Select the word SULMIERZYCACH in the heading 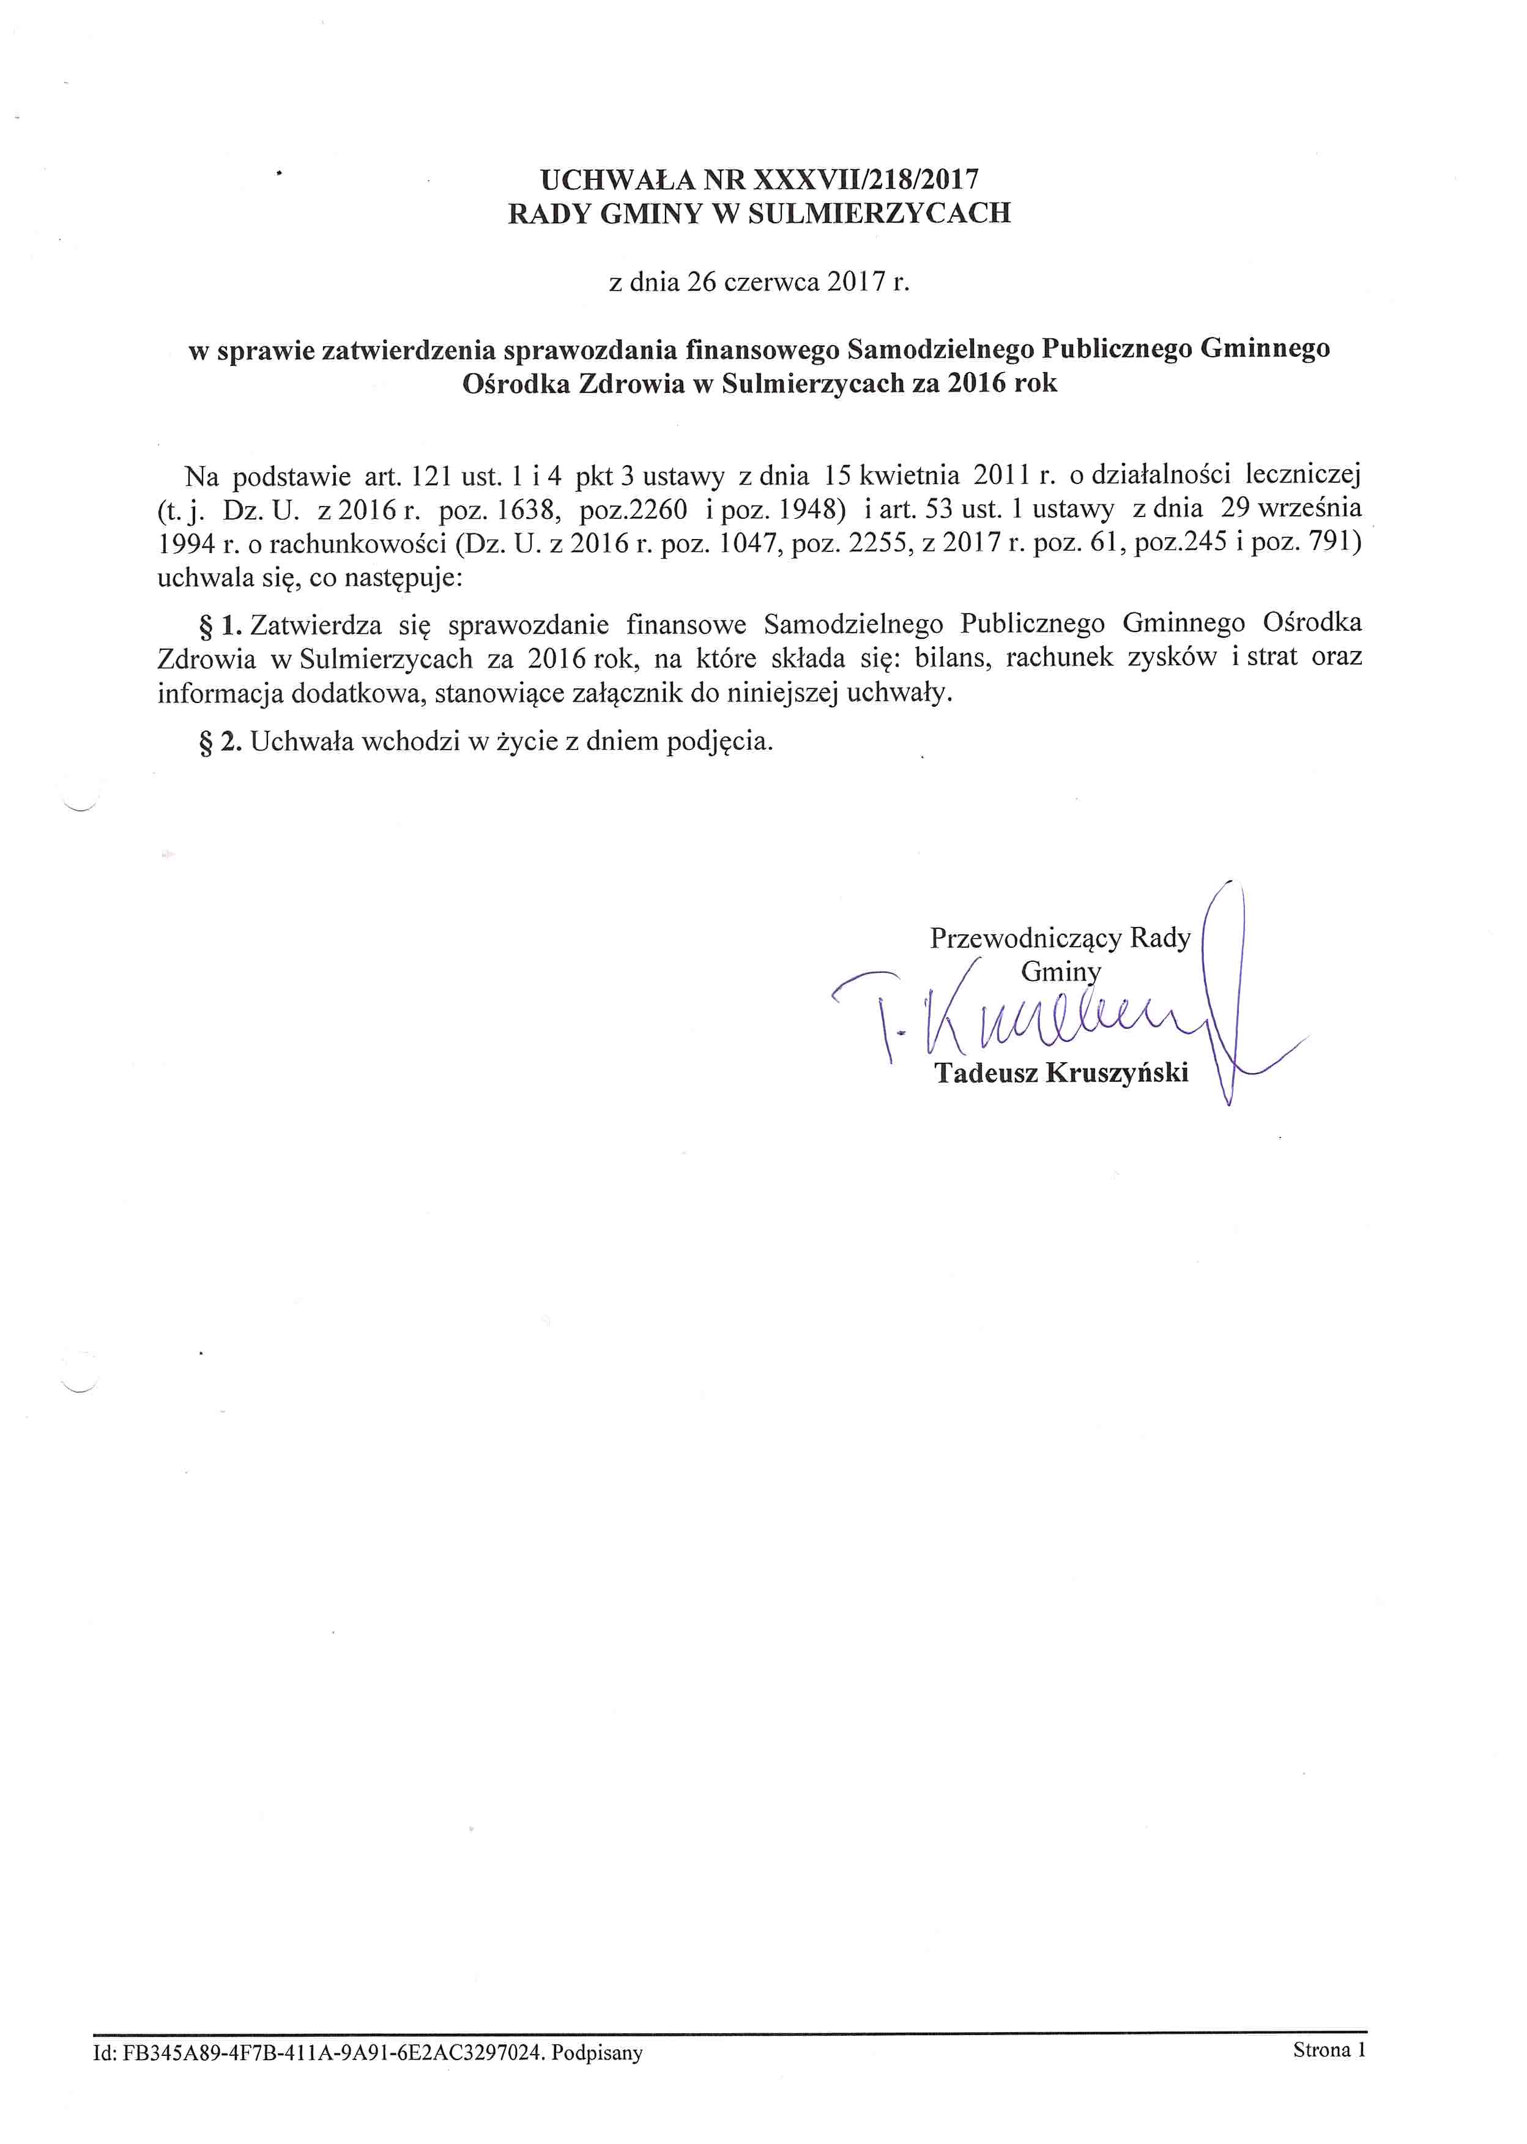tap(879, 214)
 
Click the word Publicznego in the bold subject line tap(1118, 349)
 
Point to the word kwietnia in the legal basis tap(908, 476)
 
